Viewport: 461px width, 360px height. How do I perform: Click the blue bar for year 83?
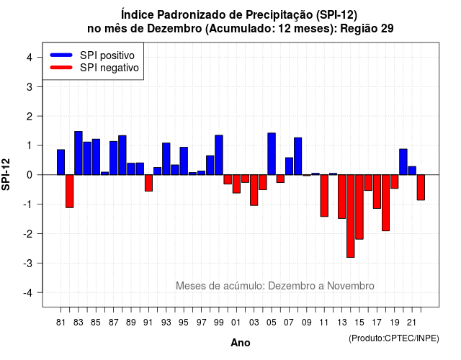click(x=79, y=153)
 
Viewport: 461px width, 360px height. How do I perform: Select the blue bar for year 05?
click(x=272, y=154)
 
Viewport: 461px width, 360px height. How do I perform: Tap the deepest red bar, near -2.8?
click(x=351, y=216)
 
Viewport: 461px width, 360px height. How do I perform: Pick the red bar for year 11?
click(x=324, y=196)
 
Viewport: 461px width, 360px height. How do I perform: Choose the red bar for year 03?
click(x=254, y=190)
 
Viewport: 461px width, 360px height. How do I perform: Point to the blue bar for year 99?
click(x=219, y=155)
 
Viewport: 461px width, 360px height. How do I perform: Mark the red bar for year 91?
click(x=148, y=183)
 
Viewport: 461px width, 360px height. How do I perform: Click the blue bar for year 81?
click(x=61, y=162)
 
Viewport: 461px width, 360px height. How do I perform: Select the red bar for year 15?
click(x=359, y=207)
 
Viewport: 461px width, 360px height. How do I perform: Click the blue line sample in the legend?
click(x=61, y=55)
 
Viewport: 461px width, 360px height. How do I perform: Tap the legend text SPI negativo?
click(x=109, y=68)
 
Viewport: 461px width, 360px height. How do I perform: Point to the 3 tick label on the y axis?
click(x=30, y=86)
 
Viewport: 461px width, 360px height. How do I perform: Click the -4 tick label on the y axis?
click(x=28, y=293)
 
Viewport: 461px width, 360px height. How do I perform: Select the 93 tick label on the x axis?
click(x=166, y=323)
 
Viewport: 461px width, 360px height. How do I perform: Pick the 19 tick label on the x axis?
click(x=395, y=323)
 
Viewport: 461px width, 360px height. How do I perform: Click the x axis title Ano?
click(x=241, y=343)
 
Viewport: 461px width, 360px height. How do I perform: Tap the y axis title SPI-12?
click(x=6, y=174)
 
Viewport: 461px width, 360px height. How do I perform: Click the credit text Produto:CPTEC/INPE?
click(x=394, y=338)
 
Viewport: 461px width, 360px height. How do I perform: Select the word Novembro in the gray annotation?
click(x=351, y=286)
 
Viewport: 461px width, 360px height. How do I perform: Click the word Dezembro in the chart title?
click(x=174, y=29)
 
